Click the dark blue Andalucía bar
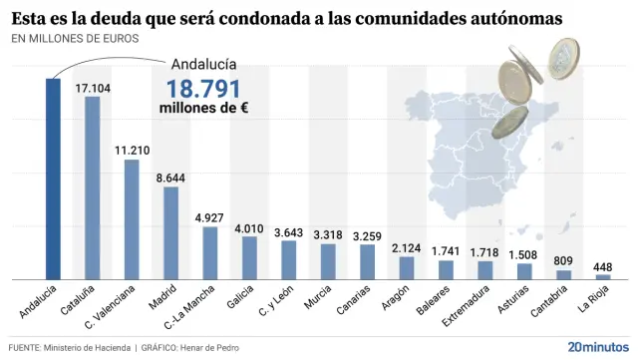pos(53,180)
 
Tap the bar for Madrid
pos(170,232)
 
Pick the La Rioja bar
pos(603,276)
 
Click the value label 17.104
pos(93,88)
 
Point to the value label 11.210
pos(132,151)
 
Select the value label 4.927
pos(210,217)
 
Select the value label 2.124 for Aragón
pos(407,247)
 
